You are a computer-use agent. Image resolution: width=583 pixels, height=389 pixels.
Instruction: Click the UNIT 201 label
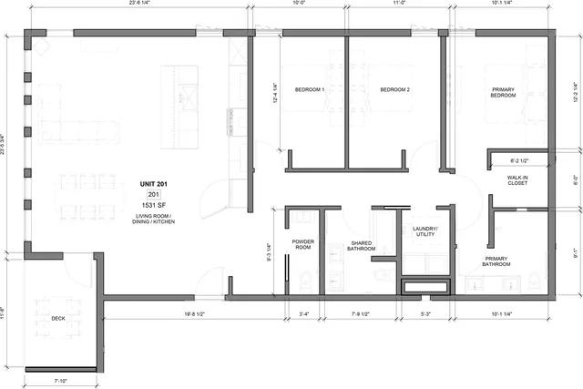click(x=154, y=184)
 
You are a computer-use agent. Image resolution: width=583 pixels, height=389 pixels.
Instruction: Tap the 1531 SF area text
click(x=154, y=206)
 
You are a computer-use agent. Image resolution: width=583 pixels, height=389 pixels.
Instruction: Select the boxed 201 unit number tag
click(x=154, y=195)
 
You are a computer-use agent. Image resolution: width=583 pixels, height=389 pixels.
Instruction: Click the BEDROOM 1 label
click(x=310, y=89)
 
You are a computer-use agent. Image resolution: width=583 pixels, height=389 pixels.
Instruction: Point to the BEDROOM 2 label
click(x=395, y=89)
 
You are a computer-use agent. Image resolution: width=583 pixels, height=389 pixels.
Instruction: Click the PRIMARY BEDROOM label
click(x=504, y=92)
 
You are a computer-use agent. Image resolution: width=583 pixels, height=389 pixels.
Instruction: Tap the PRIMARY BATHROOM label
click(x=496, y=261)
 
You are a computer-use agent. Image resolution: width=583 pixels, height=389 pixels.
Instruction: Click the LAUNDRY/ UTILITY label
click(x=424, y=231)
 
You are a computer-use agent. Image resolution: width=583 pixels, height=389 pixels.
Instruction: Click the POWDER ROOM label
click(x=303, y=244)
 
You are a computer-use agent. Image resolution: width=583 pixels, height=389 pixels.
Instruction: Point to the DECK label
click(x=58, y=318)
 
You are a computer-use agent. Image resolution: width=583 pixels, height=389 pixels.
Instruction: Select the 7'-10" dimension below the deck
click(x=62, y=379)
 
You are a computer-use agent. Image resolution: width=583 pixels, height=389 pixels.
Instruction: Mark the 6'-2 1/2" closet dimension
click(x=519, y=161)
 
